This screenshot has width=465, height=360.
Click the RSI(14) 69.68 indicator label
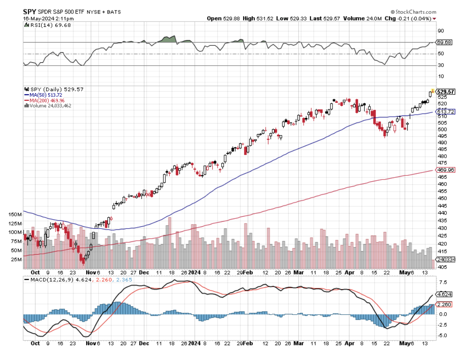coord(44,26)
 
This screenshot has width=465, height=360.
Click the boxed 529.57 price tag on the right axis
coord(445,91)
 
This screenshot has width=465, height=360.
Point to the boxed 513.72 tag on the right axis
coord(445,112)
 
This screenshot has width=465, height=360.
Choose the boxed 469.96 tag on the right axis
coord(445,170)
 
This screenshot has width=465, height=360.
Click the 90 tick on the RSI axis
coord(441,31)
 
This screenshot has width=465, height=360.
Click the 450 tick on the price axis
coord(441,198)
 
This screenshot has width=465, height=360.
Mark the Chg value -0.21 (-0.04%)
coord(416,19)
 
